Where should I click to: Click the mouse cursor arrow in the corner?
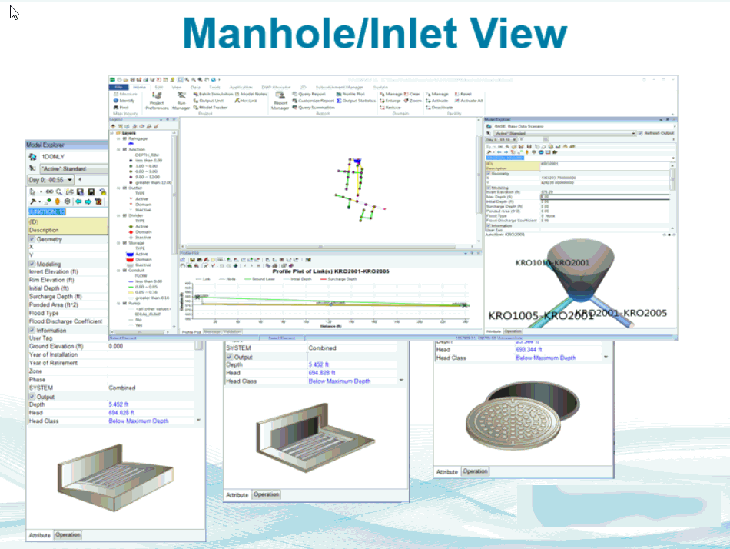(x=14, y=13)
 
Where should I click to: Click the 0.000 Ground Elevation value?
(x=116, y=347)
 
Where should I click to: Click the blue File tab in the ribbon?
(x=118, y=88)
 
